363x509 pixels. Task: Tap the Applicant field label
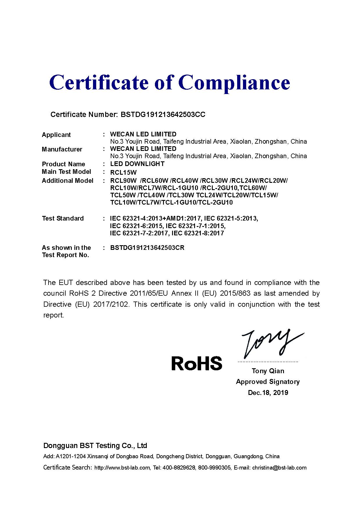tap(56, 135)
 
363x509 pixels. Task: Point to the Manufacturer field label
tap(62, 149)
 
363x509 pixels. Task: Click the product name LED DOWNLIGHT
tap(137, 164)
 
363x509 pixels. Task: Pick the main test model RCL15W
tap(123, 172)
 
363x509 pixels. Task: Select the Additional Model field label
tap(67, 181)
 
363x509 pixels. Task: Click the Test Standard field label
tap(62, 219)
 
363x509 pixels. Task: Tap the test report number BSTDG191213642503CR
tap(147, 248)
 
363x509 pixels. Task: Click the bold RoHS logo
tap(197, 363)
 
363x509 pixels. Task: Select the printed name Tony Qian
tap(268, 371)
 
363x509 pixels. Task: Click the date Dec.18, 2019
tap(268, 393)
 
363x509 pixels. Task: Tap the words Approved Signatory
tap(268, 382)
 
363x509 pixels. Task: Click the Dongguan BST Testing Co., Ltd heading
tap(95, 446)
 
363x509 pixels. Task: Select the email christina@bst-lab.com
tap(279, 468)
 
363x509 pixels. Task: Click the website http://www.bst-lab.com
tap(122, 468)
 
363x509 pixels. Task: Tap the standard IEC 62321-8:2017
tap(198, 233)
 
